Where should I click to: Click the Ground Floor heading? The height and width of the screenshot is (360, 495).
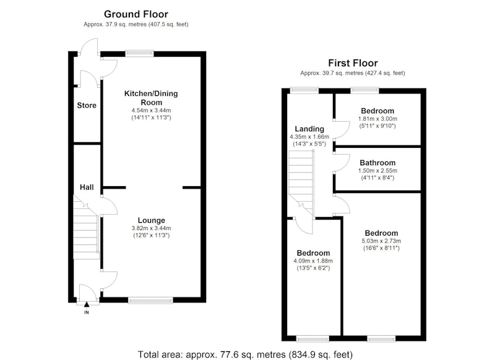tap(136, 14)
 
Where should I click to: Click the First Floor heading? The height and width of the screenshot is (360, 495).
tap(353, 63)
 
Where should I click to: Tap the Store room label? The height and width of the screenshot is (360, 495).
tap(87, 105)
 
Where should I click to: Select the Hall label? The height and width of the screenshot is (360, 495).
tap(87, 187)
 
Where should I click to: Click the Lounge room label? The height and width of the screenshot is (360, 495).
tap(151, 221)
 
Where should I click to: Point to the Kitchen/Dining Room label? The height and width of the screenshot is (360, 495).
tap(151, 98)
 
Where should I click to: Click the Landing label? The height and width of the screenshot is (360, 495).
tap(309, 129)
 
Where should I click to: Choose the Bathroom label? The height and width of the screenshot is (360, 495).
tap(377, 163)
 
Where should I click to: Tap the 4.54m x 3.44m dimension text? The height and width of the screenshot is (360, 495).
tap(151, 111)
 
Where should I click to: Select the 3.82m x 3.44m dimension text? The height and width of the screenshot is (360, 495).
tap(151, 228)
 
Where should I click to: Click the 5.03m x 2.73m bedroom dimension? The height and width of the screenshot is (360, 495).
tap(381, 241)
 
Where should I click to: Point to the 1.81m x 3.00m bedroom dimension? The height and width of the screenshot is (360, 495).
tap(377, 119)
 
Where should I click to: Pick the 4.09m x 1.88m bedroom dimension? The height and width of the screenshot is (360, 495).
tap(313, 261)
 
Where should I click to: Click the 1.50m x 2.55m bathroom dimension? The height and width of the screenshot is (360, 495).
tap(377, 171)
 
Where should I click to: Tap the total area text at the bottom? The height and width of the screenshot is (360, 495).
tap(245, 354)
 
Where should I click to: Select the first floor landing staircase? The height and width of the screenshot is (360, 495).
tap(301, 183)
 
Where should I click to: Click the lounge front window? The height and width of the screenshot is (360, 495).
tap(150, 301)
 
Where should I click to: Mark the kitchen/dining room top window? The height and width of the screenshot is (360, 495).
tap(139, 54)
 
